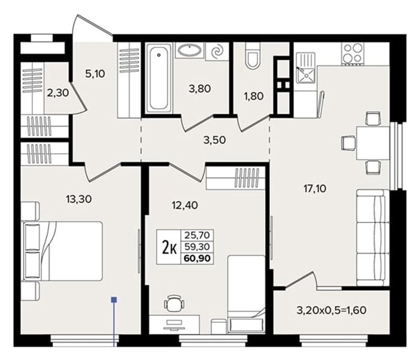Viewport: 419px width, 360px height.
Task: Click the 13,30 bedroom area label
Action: pyautogui.click(x=79, y=199)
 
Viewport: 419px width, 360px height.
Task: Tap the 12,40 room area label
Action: pyautogui.click(x=185, y=205)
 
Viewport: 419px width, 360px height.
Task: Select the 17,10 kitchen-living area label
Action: pyautogui.click(x=315, y=189)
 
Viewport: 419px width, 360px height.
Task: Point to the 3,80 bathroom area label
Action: pyautogui.click(x=200, y=89)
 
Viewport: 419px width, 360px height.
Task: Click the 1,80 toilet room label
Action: pyautogui.click(x=254, y=96)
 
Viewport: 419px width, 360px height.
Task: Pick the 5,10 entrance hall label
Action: pyautogui.click(x=95, y=74)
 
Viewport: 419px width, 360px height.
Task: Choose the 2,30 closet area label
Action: pyautogui.click(x=58, y=93)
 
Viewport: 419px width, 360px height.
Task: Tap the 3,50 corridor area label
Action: pyautogui.click(x=214, y=140)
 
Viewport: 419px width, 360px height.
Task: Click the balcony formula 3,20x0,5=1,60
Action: pyautogui.click(x=332, y=310)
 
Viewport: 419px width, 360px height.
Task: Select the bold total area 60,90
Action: pyautogui.click(x=197, y=258)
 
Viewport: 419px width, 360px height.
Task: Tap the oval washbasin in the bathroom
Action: pyautogui.click(x=190, y=50)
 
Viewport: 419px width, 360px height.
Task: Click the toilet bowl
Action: pyautogui.click(x=253, y=55)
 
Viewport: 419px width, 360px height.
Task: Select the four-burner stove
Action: pyautogui.click(x=353, y=54)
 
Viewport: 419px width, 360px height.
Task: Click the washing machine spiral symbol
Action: pyautogui.click(x=217, y=51)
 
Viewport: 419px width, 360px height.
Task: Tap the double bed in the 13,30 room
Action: pyautogui.click(x=63, y=251)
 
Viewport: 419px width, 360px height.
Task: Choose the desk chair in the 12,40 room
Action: pyautogui.click(x=175, y=304)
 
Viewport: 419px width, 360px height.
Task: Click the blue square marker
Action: pyautogui.click(x=114, y=300)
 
